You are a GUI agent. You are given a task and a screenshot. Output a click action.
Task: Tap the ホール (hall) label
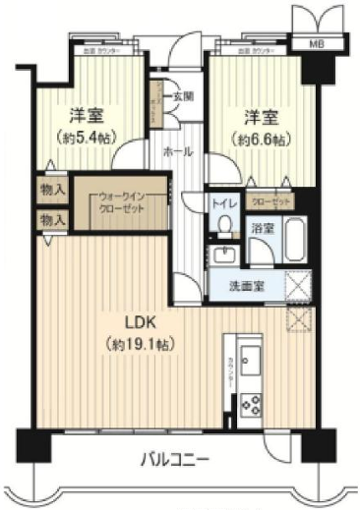pyautogui.click(x=178, y=152)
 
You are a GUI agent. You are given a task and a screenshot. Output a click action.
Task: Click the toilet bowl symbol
pyautogui.click(x=224, y=225)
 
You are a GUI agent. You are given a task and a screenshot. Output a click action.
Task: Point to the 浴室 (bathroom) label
pyautogui.click(x=261, y=227)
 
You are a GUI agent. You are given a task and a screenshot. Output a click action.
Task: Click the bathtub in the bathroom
pyautogui.click(x=292, y=240)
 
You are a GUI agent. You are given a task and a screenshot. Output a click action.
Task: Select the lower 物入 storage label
pyautogui.click(x=51, y=220)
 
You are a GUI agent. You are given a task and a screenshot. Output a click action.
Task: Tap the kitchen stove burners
pyautogui.click(x=250, y=404)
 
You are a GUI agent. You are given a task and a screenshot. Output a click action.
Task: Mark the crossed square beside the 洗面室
pyautogui.click(x=295, y=284)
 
